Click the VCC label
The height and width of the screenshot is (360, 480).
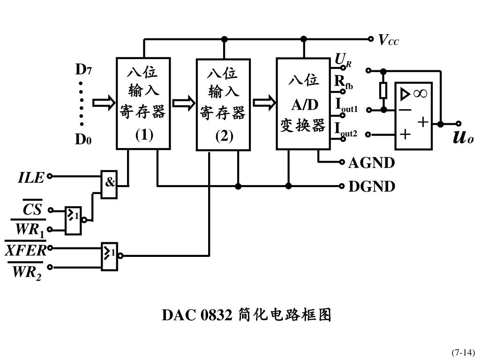pyautogui.click(x=389, y=40)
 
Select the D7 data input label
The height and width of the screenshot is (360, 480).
pyautogui.click(x=84, y=70)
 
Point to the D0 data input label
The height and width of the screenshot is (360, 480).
pyautogui.click(x=84, y=140)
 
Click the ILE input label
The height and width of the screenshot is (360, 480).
pyautogui.click(x=31, y=178)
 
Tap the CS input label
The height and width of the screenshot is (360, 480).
pyautogui.click(x=32, y=209)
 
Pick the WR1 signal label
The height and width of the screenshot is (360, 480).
pyautogui.click(x=30, y=230)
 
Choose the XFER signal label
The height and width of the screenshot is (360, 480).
pyautogui.click(x=26, y=251)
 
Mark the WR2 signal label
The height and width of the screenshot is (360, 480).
pyautogui.click(x=27, y=272)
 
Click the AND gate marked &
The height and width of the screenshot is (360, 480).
pyautogui.click(x=109, y=183)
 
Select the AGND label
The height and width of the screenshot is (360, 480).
pyautogui.click(x=371, y=163)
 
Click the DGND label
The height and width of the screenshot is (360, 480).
pyautogui.click(x=372, y=187)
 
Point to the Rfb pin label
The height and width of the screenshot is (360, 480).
pyautogui.click(x=344, y=82)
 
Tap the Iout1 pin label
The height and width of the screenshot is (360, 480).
pyautogui.click(x=346, y=105)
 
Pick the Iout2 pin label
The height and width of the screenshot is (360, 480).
pyautogui.click(x=346, y=129)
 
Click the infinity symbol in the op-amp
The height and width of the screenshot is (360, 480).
pyautogui.click(x=420, y=94)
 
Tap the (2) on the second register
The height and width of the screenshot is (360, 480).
pyautogui.click(x=224, y=136)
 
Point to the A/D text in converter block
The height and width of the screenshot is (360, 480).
pyautogui.click(x=305, y=104)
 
